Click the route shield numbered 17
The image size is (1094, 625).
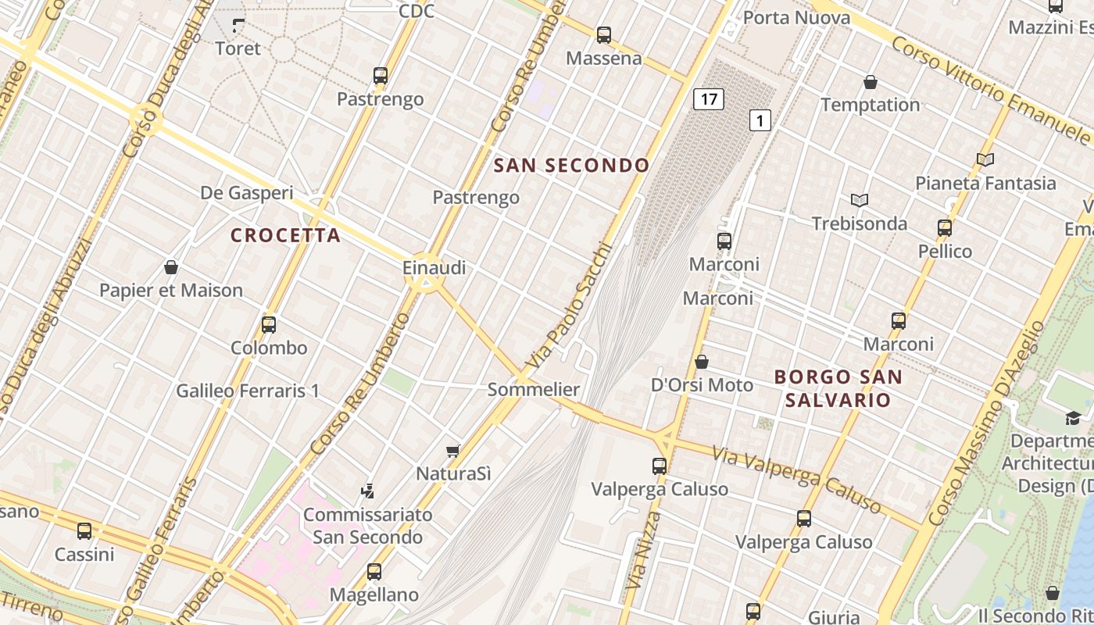708,99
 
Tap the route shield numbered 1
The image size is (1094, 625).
760,120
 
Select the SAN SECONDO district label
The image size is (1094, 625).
572,166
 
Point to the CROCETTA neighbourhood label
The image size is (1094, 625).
286,235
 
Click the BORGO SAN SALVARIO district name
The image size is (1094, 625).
838,388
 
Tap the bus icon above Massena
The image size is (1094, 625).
603,35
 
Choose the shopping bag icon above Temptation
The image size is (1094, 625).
870,82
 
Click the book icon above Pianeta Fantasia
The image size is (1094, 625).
985,160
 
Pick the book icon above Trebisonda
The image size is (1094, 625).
860,201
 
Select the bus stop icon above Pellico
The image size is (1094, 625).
945,228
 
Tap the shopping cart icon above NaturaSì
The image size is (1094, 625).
452,450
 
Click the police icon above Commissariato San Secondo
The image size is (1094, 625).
367,491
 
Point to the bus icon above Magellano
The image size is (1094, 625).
374,572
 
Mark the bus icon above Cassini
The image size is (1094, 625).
84,531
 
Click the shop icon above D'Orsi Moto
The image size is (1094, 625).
702,362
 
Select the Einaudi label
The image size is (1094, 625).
434,268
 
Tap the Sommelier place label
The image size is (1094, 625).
534,389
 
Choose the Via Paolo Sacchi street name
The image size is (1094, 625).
568,306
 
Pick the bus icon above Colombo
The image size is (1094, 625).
269,324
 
